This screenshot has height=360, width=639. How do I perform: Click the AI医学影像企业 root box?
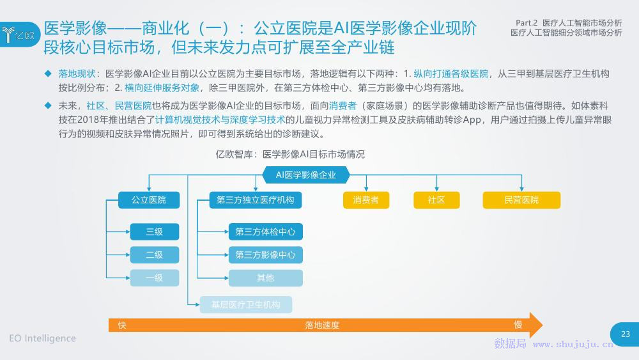(x=306, y=175)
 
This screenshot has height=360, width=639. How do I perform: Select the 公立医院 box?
(x=149, y=200)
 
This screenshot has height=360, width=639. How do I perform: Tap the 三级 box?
(x=155, y=231)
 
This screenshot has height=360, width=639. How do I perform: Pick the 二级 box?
(x=155, y=254)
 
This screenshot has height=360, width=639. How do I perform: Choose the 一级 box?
(x=155, y=278)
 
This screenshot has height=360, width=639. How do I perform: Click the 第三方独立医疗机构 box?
(x=256, y=200)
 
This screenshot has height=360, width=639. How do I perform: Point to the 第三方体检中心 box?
(x=265, y=231)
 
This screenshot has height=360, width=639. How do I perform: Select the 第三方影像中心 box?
(x=265, y=254)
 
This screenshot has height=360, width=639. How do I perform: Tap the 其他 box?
(x=265, y=278)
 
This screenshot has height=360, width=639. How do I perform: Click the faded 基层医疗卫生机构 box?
(x=246, y=304)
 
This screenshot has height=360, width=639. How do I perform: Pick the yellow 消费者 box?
(x=366, y=200)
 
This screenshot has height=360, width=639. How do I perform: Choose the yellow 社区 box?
(x=436, y=200)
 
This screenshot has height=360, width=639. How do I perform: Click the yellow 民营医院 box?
(x=521, y=200)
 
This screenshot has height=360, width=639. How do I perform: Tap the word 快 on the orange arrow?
(x=122, y=325)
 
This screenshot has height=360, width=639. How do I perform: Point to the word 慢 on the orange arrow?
(x=518, y=325)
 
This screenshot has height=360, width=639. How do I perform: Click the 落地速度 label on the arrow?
(x=322, y=325)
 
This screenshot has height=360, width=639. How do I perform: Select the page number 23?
(x=626, y=334)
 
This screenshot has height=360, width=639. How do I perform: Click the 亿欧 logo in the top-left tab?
(x=19, y=35)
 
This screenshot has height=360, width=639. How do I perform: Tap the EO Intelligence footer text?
(x=42, y=338)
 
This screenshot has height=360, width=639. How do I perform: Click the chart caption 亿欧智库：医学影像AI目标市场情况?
(x=289, y=154)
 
